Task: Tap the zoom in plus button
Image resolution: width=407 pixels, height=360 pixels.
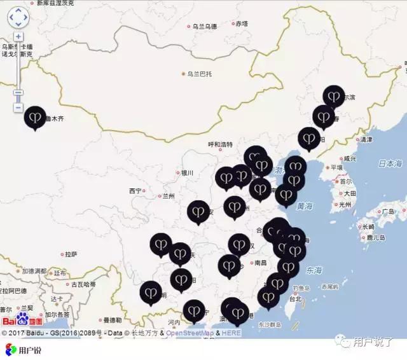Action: (18, 37)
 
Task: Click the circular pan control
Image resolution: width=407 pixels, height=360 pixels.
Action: (18, 15)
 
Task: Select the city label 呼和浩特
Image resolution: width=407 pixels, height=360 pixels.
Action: (221, 144)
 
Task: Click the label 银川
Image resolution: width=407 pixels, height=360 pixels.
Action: (186, 172)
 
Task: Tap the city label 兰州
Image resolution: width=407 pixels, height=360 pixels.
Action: (168, 196)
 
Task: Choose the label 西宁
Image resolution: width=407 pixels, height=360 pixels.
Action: (135, 191)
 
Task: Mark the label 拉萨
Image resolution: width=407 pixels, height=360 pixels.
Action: (70, 254)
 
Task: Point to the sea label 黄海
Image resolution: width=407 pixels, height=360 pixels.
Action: (305, 207)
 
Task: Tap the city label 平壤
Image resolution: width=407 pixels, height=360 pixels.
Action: (335, 167)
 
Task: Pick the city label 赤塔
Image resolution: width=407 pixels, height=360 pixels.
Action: (242, 24)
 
